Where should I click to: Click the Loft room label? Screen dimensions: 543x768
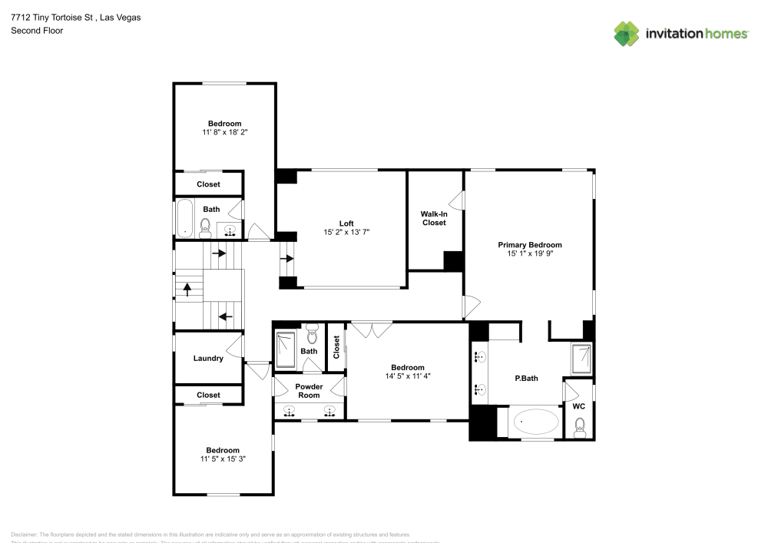(346, 223)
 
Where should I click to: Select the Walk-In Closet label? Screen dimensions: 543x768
(433, 218)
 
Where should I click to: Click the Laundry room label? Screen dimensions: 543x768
(208, 358)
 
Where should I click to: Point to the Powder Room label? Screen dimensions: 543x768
(309, 391)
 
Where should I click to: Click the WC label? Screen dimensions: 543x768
(579, 406)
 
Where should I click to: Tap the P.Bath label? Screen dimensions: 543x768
(525, 379)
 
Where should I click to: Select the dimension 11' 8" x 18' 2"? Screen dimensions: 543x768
(224, 132)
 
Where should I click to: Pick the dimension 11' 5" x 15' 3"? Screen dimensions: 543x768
(222, 459)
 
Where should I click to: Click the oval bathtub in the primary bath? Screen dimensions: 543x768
(536, 422)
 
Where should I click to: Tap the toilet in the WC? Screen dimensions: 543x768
(580, 427)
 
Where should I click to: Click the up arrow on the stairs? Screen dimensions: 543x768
(186, 290)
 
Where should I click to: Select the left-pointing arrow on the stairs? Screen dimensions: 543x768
(225, 316)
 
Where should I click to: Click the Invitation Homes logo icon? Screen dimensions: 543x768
(627, 33)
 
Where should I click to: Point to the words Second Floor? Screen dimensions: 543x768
(37, 31)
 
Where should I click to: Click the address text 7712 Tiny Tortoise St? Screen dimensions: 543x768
(54, 17)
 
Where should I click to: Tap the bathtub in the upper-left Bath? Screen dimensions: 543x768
(185, 219)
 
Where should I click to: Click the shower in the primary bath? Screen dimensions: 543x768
(581, 359)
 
